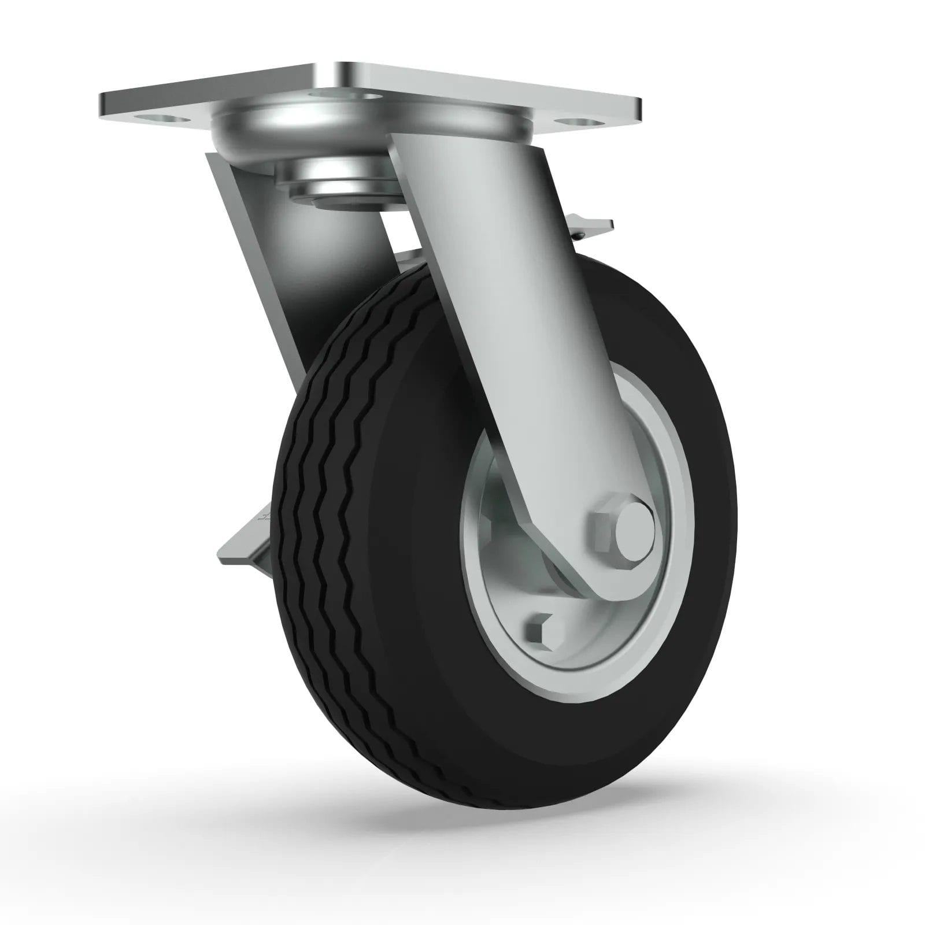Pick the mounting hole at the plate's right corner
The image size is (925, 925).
tap(578, 125)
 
